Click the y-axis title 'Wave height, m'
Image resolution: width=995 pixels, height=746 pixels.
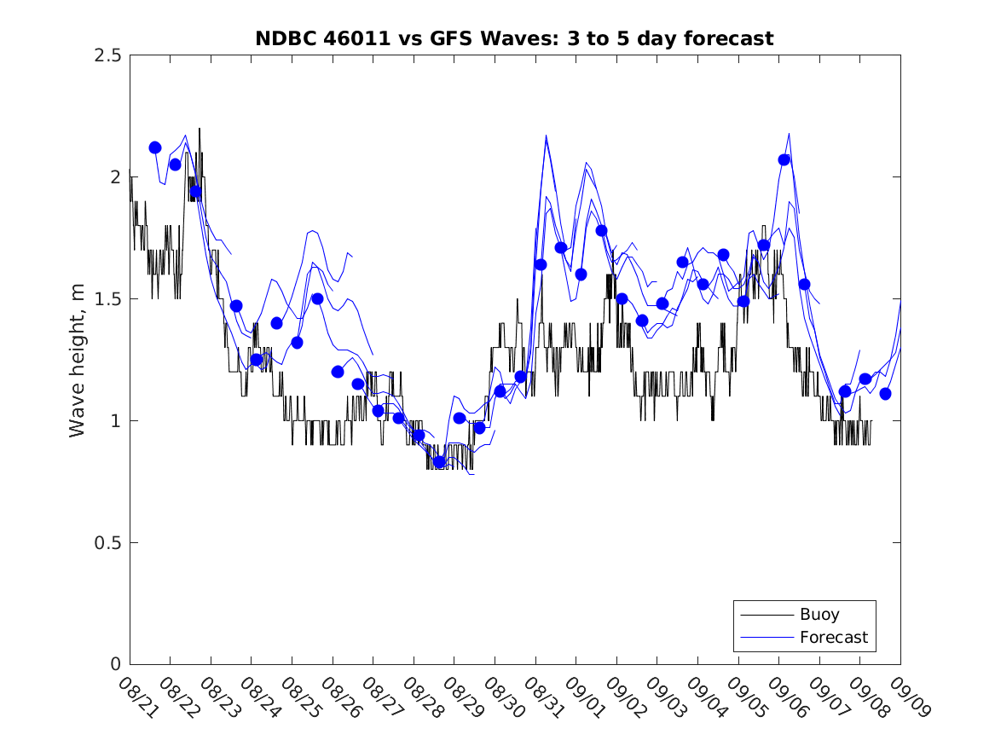pos(78,360)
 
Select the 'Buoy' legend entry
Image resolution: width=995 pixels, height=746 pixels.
pos(819,614)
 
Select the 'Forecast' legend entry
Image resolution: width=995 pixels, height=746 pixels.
pos(833,637)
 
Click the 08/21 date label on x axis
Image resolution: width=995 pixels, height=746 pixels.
pos(136,697)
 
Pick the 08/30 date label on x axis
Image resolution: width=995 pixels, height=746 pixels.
pos(501,697)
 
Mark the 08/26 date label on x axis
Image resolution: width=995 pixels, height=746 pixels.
pos(338,697)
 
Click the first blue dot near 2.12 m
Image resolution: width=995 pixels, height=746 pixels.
pos(155,147)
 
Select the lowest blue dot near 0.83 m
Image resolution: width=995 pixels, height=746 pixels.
pos(439,462)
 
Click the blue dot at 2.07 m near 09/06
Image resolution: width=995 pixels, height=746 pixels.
pos(784,159)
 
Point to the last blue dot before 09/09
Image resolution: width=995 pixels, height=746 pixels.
pos(885,394)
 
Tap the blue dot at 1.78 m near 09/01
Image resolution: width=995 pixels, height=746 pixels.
pos(601,230)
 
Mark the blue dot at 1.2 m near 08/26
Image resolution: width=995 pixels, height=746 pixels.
pos(338,372)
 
